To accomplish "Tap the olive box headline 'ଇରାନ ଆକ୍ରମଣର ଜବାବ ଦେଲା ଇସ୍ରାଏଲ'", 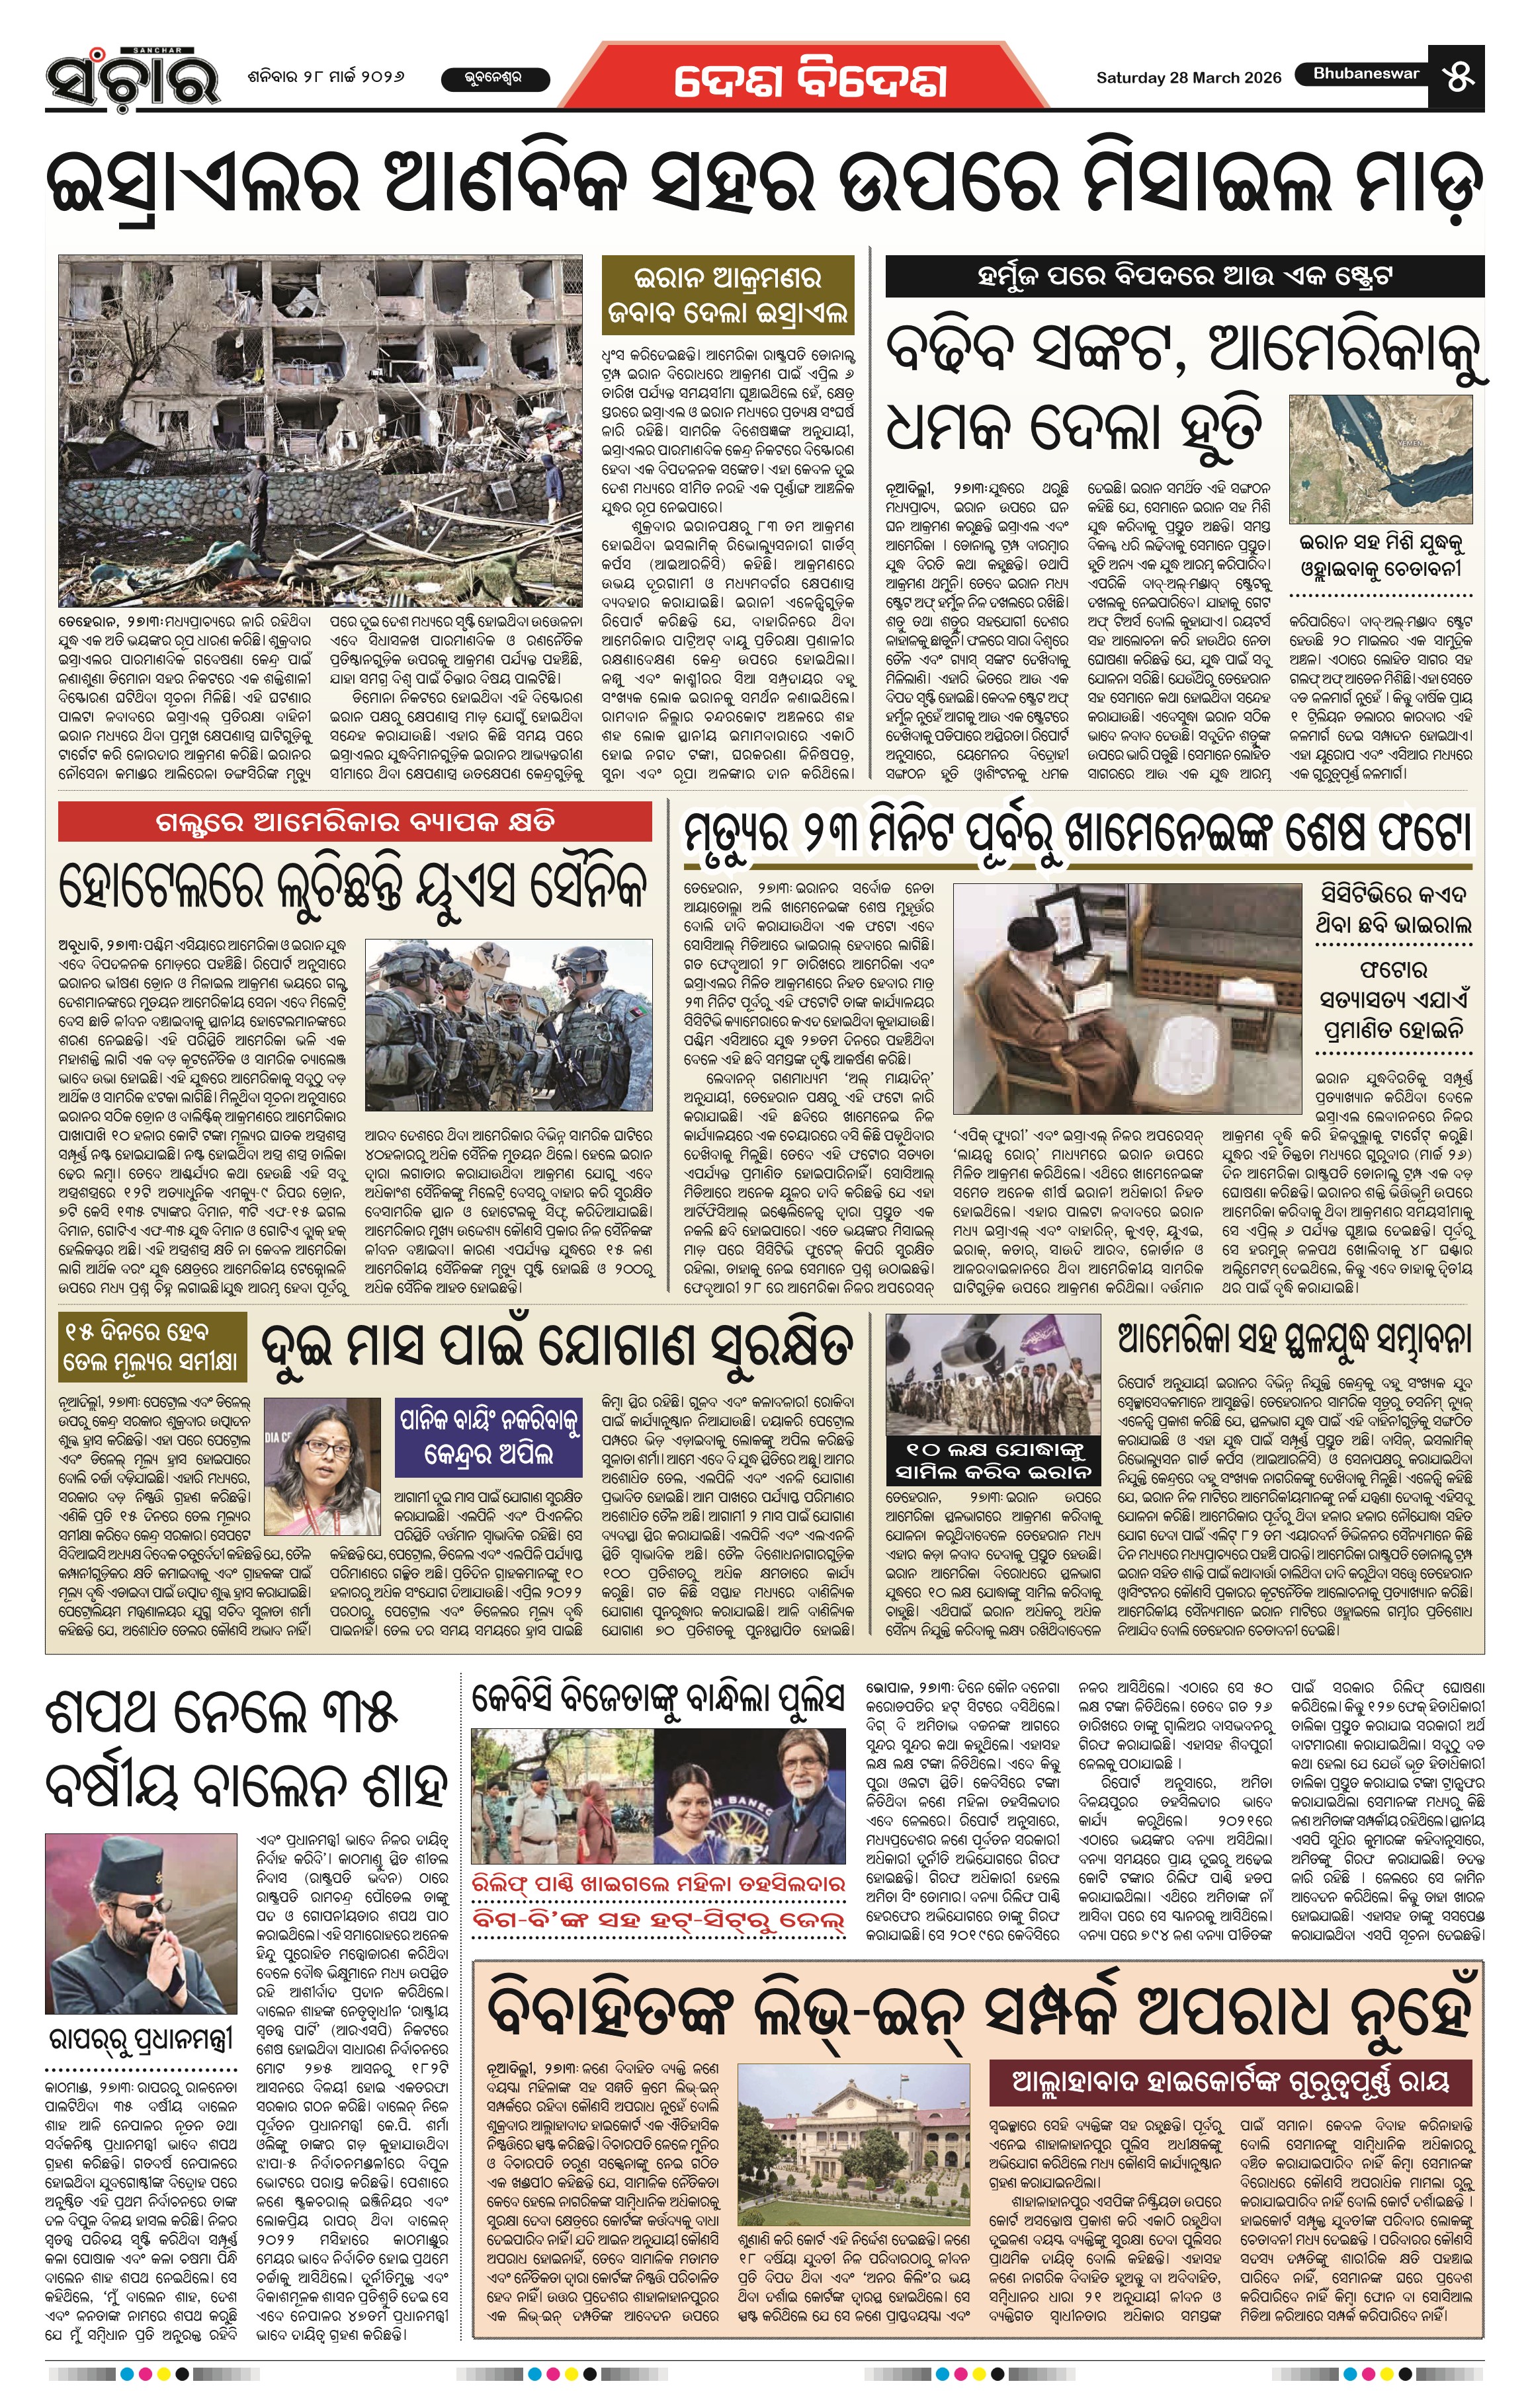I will pyautogui.click(x=728, y=295).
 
